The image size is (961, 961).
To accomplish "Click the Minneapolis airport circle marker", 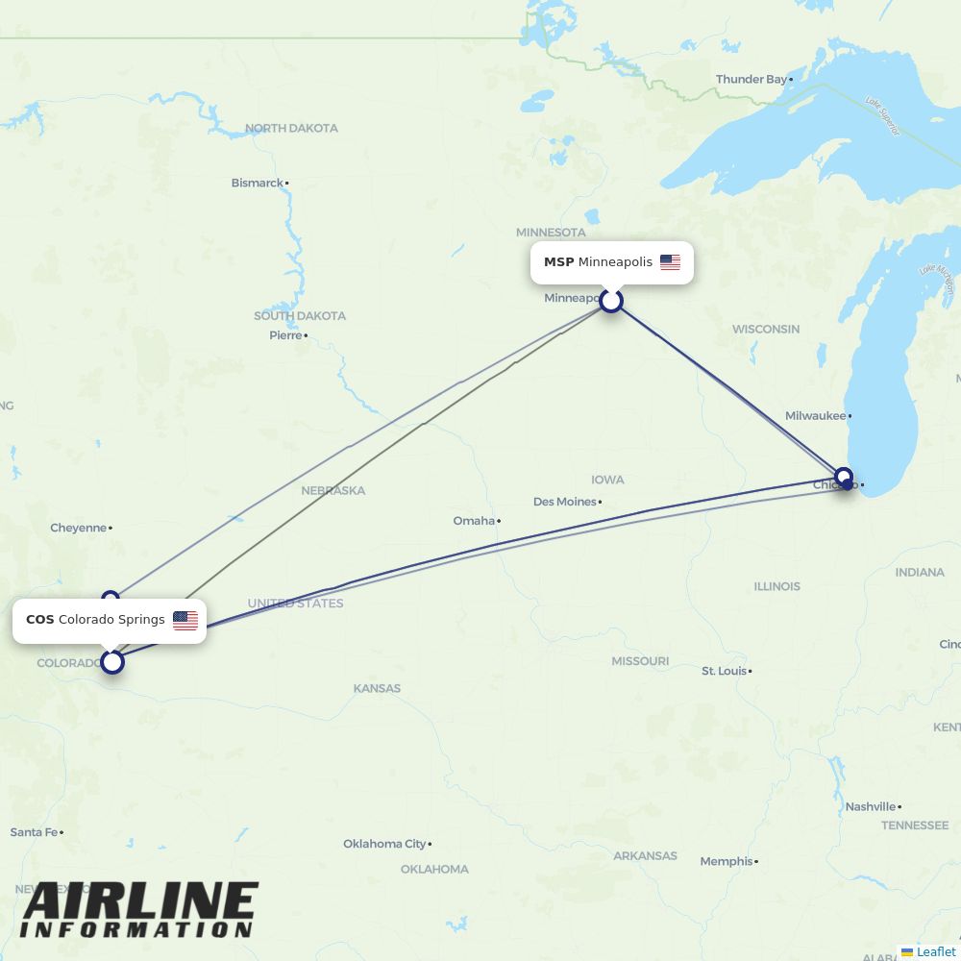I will [611, 301].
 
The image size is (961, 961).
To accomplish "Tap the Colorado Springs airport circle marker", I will [113, 661].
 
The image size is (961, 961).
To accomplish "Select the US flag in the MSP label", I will [670, 262].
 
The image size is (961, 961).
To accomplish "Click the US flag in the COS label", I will [185, 620].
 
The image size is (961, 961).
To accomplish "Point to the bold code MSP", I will [558, 262].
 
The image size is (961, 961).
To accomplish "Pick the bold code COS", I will [40, 620].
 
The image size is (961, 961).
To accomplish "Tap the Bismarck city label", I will [258, 183].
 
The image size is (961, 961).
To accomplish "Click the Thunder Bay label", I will [752, 80].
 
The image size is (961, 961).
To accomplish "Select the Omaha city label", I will [474, 521].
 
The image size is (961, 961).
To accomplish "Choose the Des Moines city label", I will [565, 502].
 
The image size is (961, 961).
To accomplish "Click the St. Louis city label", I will [724, 671].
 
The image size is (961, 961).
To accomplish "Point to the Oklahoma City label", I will [384, 844].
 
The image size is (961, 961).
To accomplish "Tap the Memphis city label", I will [727, 861].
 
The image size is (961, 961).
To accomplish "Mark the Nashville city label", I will [871, 806].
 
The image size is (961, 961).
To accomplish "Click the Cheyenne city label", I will [79, 528].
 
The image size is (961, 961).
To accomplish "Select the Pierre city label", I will [285, 335].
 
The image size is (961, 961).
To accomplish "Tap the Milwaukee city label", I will [816, 416].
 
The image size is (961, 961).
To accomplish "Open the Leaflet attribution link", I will [936, 951].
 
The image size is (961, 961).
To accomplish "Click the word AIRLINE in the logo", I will [140, 902].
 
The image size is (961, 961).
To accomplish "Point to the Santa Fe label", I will [34, 832].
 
